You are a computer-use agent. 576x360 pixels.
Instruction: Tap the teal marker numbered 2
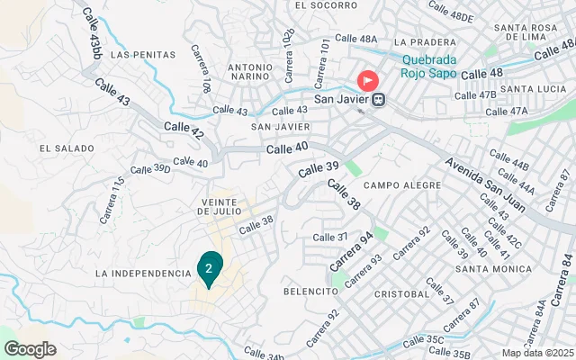click(x=209, y=268)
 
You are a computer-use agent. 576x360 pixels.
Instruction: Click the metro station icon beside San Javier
click(x=380, y=99)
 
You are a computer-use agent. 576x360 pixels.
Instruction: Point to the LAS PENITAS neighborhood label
click(x=142, y=54)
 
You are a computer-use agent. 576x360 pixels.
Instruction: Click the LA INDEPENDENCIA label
click(x=143, y=273)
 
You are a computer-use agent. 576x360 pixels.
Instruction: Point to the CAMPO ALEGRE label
click(x=402, y=185)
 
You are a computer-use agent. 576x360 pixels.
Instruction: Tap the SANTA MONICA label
click(x=489, y=268)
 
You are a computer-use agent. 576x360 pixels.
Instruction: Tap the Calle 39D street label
click(x=149, y=168)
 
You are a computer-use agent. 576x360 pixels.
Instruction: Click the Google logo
click(x=30, y=349)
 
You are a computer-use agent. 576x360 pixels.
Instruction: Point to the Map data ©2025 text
click(x=536, y=353)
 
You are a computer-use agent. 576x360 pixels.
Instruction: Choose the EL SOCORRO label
click(x=319, y=4)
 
